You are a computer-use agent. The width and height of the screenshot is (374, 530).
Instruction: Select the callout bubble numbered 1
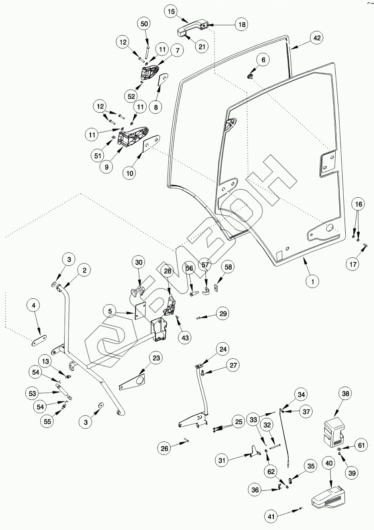(313, 282)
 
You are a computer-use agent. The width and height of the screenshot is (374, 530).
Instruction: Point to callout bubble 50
(144, 24)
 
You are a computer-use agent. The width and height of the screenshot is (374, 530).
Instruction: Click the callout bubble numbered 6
(263, 60)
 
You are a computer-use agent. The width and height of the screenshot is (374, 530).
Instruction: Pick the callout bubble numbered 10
(130, 173)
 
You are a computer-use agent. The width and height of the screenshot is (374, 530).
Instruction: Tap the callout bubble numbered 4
(33, 306)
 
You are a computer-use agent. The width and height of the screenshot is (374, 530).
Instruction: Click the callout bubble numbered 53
(32, 393)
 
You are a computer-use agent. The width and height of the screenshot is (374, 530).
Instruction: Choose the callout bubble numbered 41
(271, 517)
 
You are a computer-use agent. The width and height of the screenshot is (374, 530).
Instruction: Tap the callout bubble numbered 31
(222, 460)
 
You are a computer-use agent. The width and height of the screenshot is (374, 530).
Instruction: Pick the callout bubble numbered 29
(223, 314)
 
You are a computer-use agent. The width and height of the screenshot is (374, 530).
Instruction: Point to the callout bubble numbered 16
(358, 204)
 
